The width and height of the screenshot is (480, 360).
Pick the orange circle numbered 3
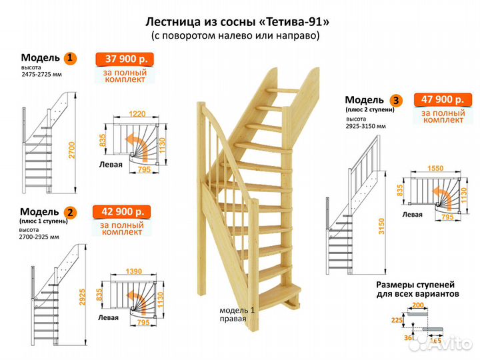pyautogui.click(x=397, y=101)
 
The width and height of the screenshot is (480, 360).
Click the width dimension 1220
pyautogui.click(x=139, y=114)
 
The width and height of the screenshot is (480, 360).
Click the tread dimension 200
pyautogui.click(x=418, y=305)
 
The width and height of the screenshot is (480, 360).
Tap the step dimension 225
pyautogui.click(x=397, y=320)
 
